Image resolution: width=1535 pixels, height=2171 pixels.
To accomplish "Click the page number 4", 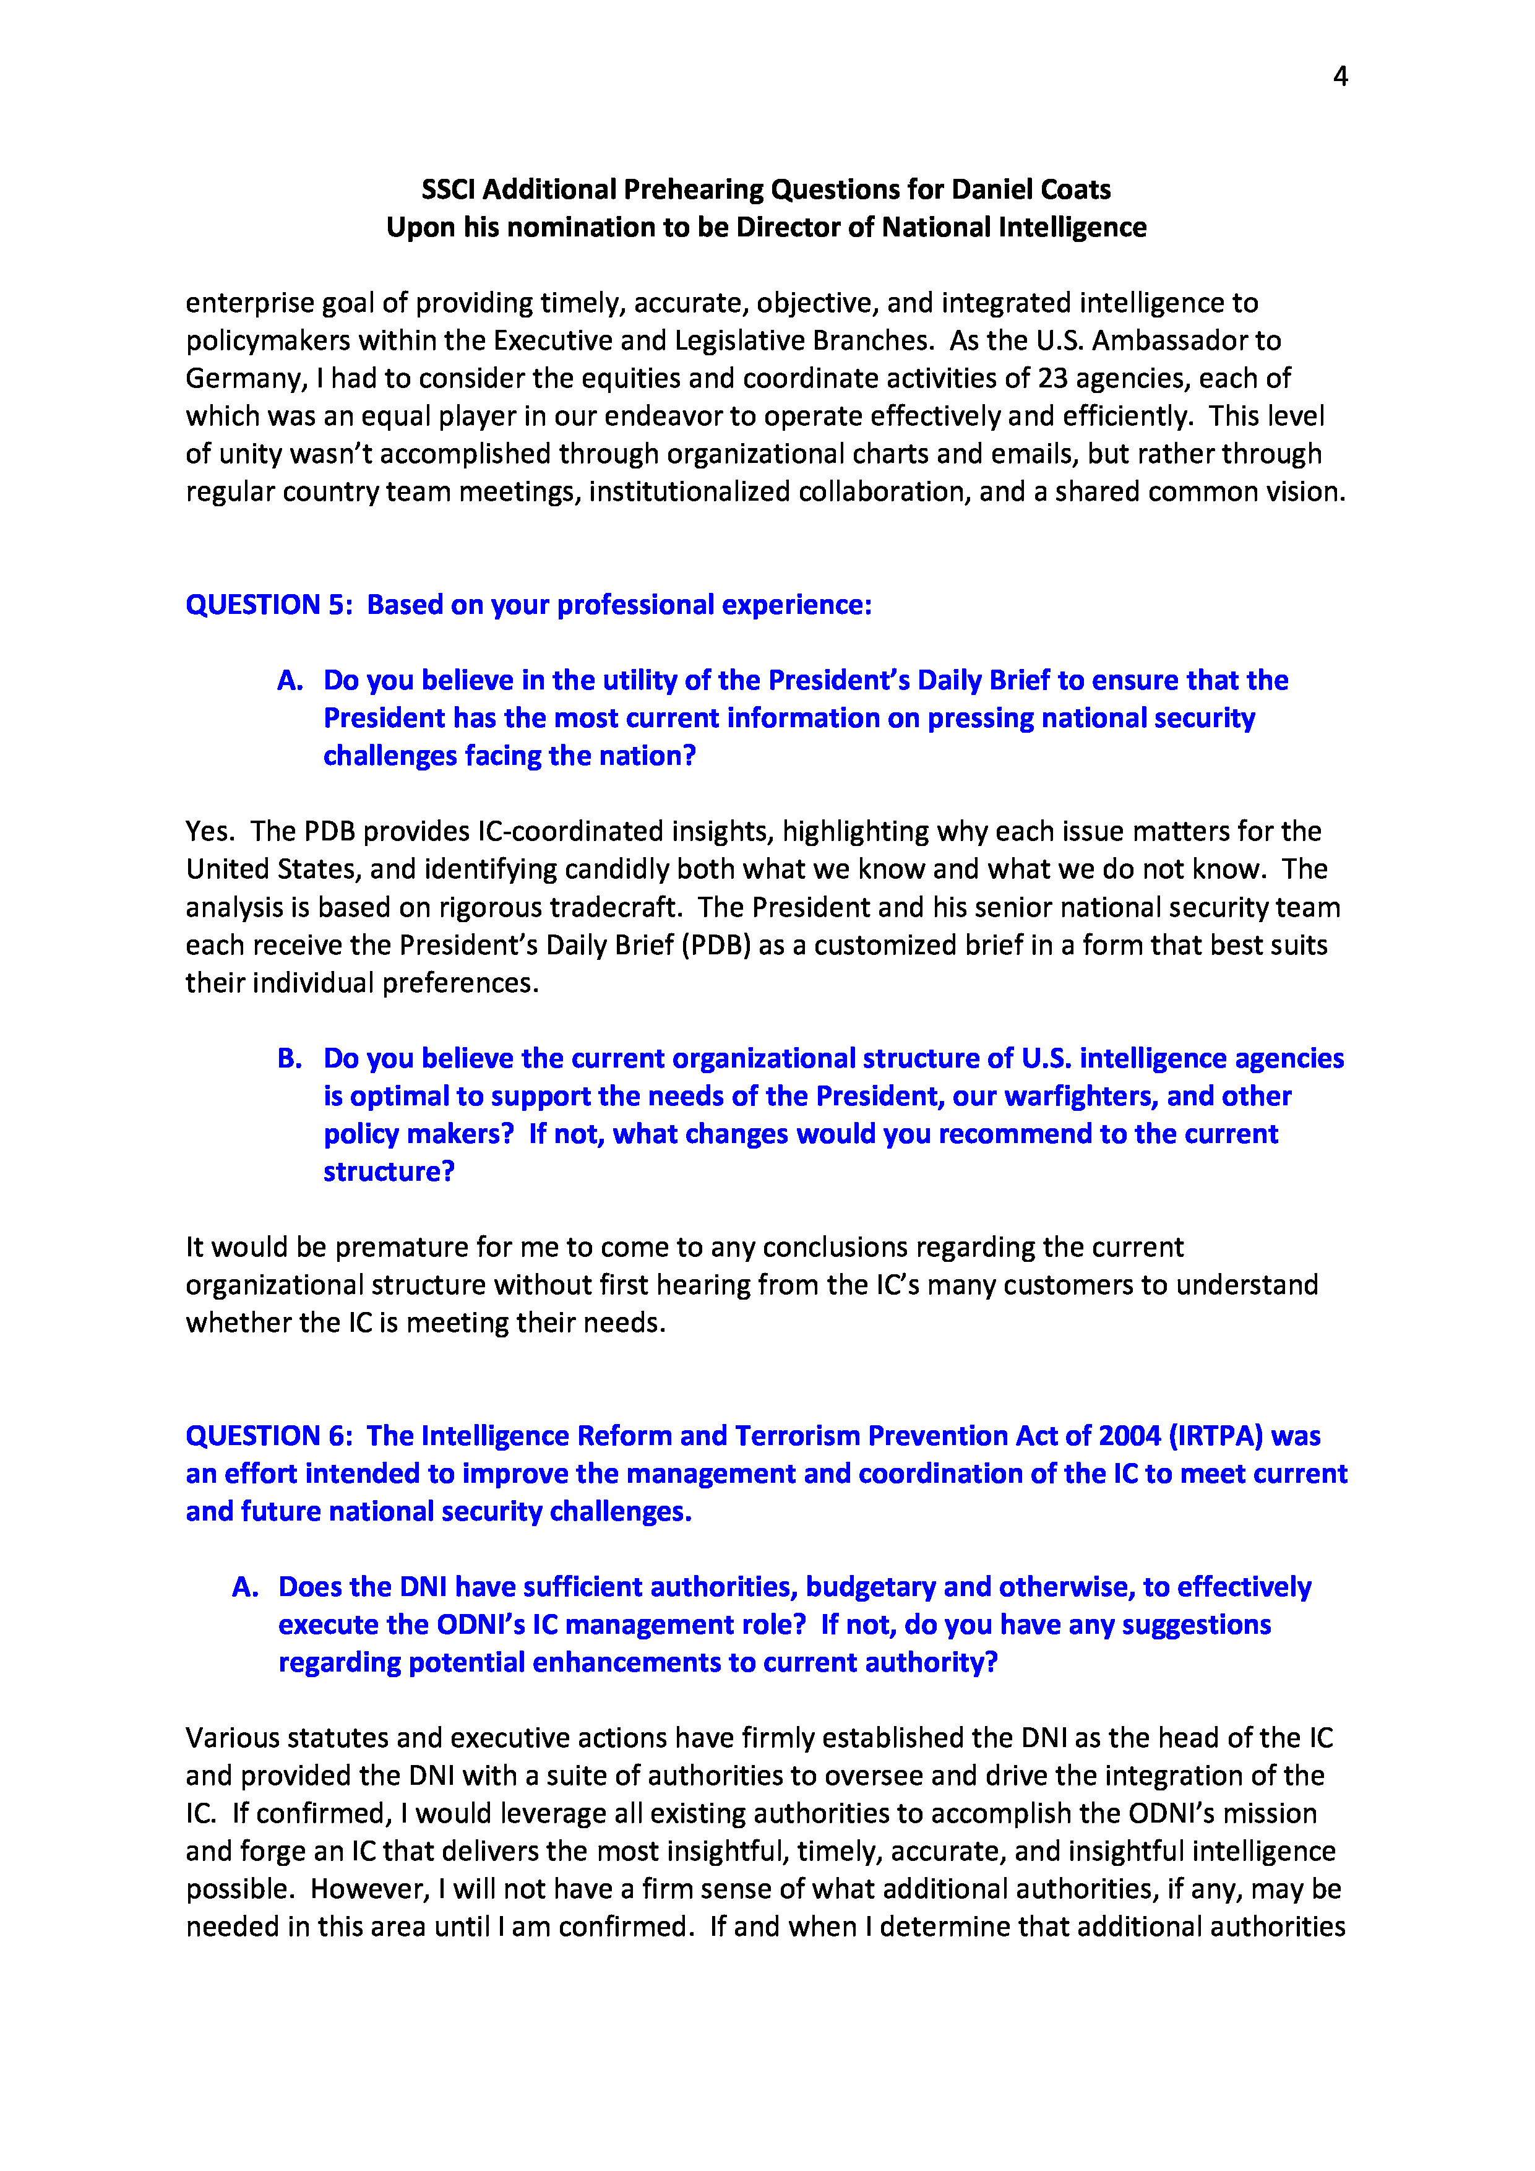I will [x=1339, y=77].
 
